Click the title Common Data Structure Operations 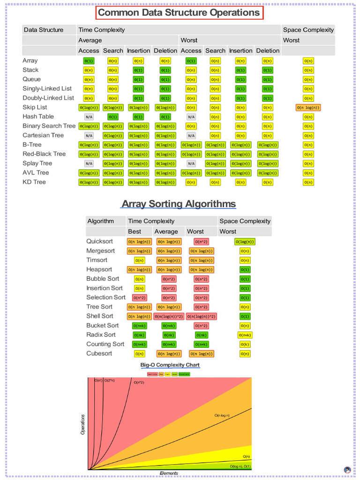click(179, 13)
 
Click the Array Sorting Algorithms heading click(179, 204)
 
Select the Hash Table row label click(38, 117)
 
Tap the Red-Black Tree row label click(44, 154)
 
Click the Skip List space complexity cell click(308, 107)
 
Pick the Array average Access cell click(89, 61)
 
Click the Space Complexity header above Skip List click(308, 30)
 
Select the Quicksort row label click(99, 241)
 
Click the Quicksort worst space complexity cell click(245, 242)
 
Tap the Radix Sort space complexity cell click(245, 335)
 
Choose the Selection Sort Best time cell click(139, 298)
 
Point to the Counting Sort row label click(105, 344)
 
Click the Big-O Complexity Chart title click(170, 365)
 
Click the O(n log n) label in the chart click(225, 415)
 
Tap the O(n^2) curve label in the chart click(139, 382)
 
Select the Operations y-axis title click(83, 424)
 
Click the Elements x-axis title click(169, 473)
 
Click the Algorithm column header click(100, 221)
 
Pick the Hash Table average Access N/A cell click(89, 117)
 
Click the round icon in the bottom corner click(347, 470)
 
